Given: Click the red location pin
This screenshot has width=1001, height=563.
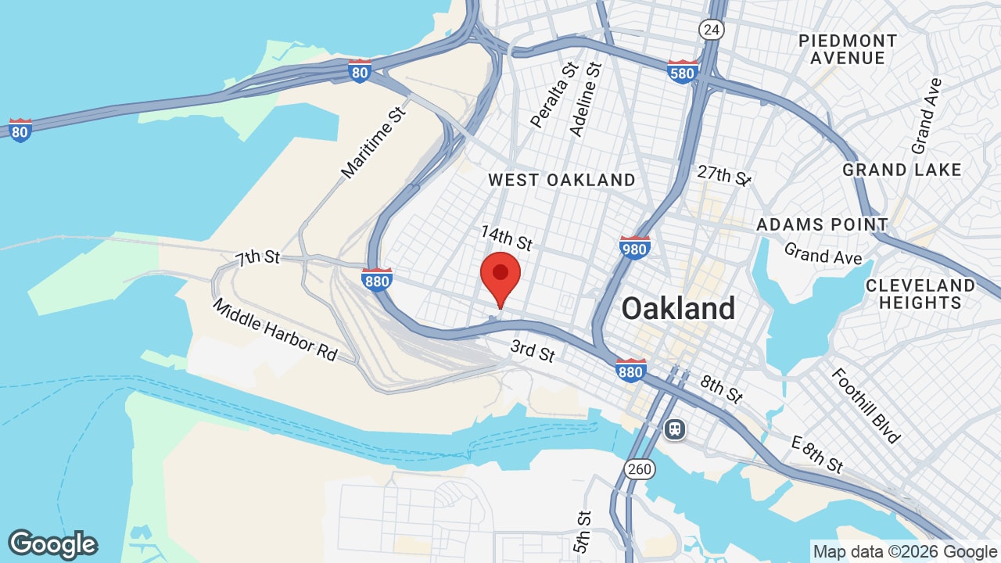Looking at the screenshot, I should click(x=500, y=275).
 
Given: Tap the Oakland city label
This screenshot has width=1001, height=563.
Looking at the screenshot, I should click(x=678, y=309).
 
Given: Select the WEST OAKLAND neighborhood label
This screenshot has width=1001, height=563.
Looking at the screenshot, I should click(x=561, y=180).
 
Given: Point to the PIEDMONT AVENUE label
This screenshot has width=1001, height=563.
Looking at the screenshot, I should click(x=848, y=49).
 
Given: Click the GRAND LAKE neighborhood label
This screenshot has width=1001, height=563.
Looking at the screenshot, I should click(x=902, y=170).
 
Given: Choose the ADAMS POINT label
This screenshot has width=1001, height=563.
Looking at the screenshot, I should click(x=822, y=225).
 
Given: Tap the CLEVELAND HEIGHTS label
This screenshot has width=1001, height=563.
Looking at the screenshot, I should click(x=920, y=294).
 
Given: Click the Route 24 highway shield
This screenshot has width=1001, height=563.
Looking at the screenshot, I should click(x=712, y=30).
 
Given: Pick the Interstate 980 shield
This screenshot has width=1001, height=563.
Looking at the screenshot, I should click(x=634, y=248).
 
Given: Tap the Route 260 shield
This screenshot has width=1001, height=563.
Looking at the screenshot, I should click(x=639, y=469).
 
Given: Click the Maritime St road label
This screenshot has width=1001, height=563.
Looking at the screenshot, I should click(x=375, y=143).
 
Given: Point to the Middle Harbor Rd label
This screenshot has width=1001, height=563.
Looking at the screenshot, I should click(x=274, y=329).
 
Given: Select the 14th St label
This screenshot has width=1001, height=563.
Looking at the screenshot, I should click(x=507, y=238).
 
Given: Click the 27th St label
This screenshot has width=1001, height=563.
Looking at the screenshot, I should click(x=724, y=175).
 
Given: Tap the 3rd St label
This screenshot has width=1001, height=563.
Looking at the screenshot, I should click(x=533, y=351).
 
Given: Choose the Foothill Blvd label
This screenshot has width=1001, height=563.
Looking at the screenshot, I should click(x=866, y=405).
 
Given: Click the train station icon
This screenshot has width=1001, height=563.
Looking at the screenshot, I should click(x=674, y=429).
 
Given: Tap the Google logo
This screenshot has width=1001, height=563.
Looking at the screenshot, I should click(x=52, y=544).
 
